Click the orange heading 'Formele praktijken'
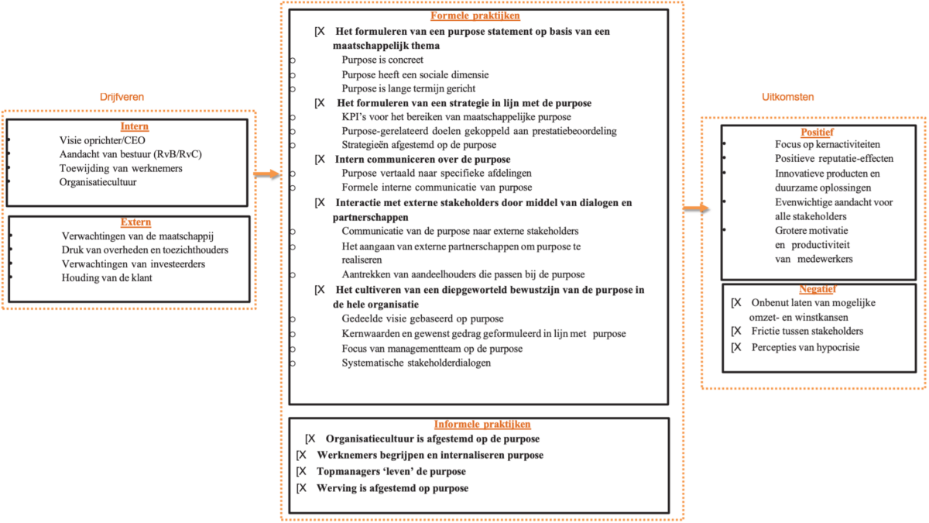point(475,15)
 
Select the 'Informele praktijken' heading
point(482,425)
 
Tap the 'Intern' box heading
point(135,126)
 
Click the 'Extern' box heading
point(135,222)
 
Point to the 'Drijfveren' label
point(122,97)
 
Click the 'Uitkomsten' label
point(787,97)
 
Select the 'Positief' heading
point(817,132)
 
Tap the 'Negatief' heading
point(818,289)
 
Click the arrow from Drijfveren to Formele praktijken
point(266,174)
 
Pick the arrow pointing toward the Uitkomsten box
point(696,208)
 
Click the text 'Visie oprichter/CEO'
point(102,140)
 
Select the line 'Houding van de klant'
point(107,277)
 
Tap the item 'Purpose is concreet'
point(382,60)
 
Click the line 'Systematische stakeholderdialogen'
point(417,363)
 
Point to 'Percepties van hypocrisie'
point(805,347)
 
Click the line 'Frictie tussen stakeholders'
point(807,331)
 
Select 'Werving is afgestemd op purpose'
point(393,488)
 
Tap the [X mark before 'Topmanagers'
point(301,472)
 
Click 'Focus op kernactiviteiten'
point(828,144)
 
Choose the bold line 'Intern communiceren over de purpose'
point(423,160)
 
